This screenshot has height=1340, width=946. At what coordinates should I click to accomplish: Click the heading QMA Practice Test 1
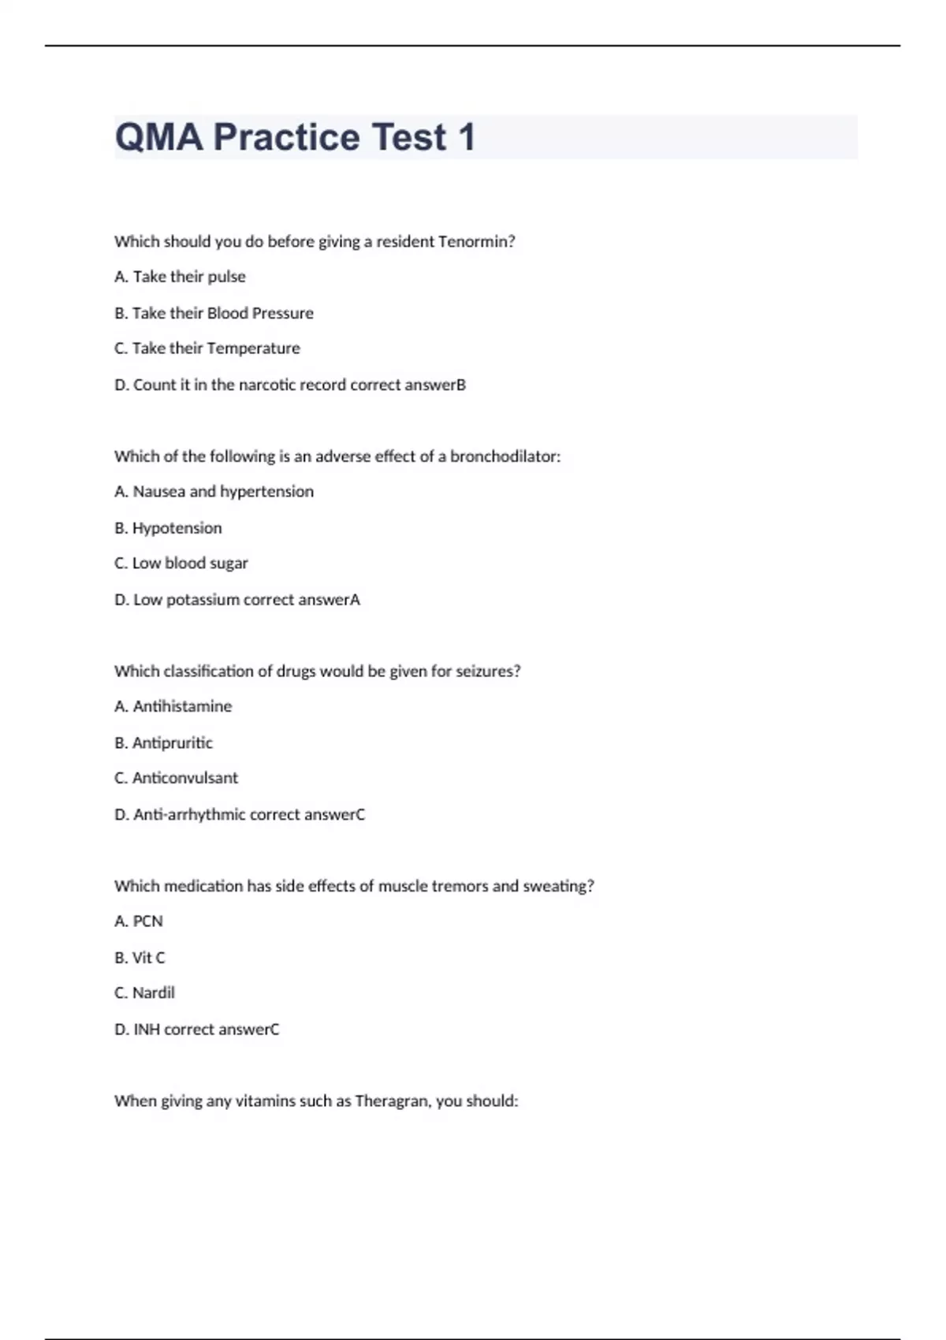click(295, 137)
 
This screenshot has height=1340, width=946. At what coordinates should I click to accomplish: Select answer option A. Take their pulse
click(180, 277)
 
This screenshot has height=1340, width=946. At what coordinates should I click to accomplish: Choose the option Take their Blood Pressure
click(214, 313)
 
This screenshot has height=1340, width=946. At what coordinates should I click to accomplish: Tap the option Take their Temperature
click(207, 348)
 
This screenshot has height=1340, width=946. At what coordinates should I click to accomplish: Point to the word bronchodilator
click(505, 456)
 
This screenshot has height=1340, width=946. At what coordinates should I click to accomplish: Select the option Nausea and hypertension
click(214, 492)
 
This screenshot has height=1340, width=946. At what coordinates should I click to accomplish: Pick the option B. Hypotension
click(168, 528)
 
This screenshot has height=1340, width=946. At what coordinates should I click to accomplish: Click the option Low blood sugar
click(181, 564)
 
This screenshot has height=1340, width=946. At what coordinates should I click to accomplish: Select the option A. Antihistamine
click(173, 706)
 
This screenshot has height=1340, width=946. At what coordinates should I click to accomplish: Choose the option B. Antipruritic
click(163, 743)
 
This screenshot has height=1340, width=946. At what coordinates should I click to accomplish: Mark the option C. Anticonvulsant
click(176, 778)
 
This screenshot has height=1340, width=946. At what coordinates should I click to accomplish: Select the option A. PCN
click(139, 921)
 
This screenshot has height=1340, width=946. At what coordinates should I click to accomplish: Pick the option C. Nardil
click(144, 993)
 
